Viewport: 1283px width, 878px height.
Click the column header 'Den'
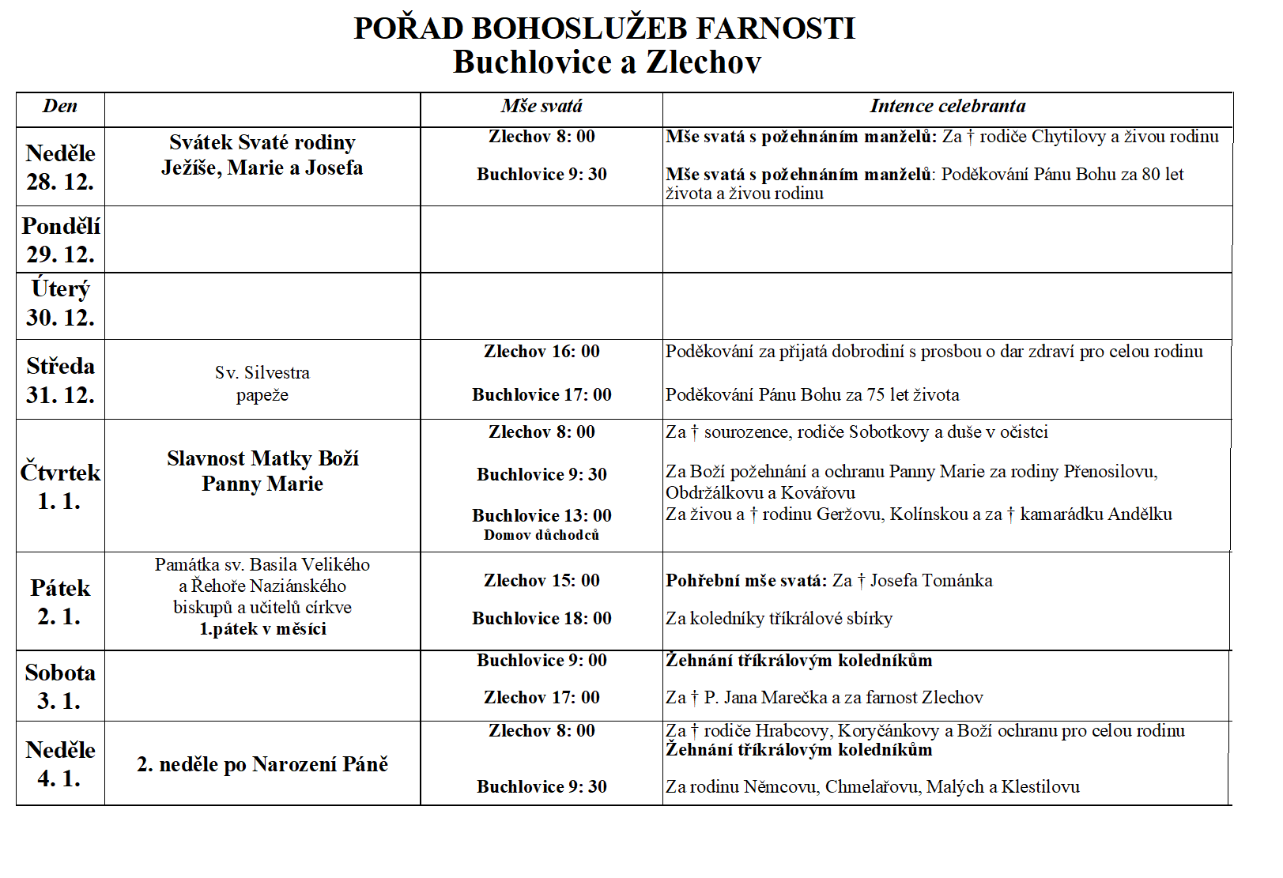coord(60,107)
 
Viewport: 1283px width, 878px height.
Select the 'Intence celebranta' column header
coord(947,107)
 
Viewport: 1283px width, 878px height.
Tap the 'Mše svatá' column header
coord(542,107)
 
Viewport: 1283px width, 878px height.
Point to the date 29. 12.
coord(60,254)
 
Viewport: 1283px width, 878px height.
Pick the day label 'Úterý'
coord(60,289)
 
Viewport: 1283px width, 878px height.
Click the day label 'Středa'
coord(60,366)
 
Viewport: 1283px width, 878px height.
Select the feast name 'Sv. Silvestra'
coord(262,372)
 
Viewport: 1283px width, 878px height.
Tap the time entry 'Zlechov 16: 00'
coord(542,352)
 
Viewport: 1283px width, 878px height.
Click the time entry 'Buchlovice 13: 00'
coord(542,515)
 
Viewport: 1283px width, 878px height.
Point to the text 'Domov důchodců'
coord(542,535)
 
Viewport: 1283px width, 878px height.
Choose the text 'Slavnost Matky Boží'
coord(262,458)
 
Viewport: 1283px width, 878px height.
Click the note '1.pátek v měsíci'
coord(262,629)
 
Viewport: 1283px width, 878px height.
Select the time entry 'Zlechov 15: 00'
coord(542,581)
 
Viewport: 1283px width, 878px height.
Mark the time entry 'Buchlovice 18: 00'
coord(542,619)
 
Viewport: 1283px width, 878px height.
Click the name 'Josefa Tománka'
coord(931,581)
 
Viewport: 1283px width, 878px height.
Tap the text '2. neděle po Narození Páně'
coord(262,764)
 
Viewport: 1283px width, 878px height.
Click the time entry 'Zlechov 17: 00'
coord(542,698)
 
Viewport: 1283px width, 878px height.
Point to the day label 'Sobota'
coord(60,673)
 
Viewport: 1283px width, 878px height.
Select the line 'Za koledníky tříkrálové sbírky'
coord(779,619)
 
